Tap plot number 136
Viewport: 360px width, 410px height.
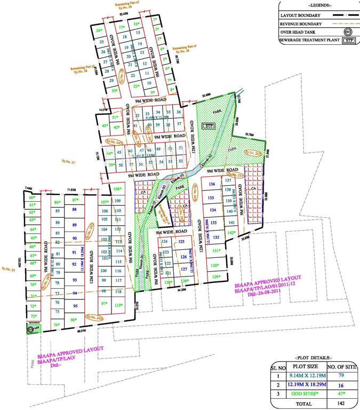click(212, 184)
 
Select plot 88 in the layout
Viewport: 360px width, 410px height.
click(75, 211)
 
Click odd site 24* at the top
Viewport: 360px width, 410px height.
click(99, 31)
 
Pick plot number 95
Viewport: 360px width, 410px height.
click(75, 306)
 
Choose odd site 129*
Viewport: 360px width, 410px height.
click(215, 277)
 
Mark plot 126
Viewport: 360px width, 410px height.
click(183, 257)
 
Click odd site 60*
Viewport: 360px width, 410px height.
click(33, 197)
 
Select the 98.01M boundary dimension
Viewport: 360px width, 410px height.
click(82, 330)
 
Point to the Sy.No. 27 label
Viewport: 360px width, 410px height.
click(69, 162)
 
